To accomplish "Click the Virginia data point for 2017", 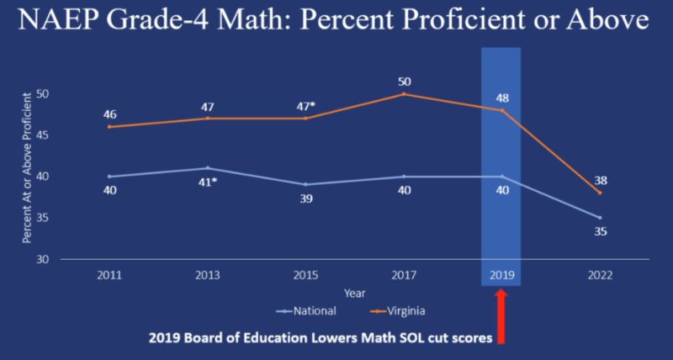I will [405, 93].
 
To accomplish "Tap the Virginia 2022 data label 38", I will [600, 180].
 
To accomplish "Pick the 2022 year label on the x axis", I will [599, 274].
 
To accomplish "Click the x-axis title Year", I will [353, 293].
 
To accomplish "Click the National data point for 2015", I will [306, 184].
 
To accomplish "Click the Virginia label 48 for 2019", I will [503, 98].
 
